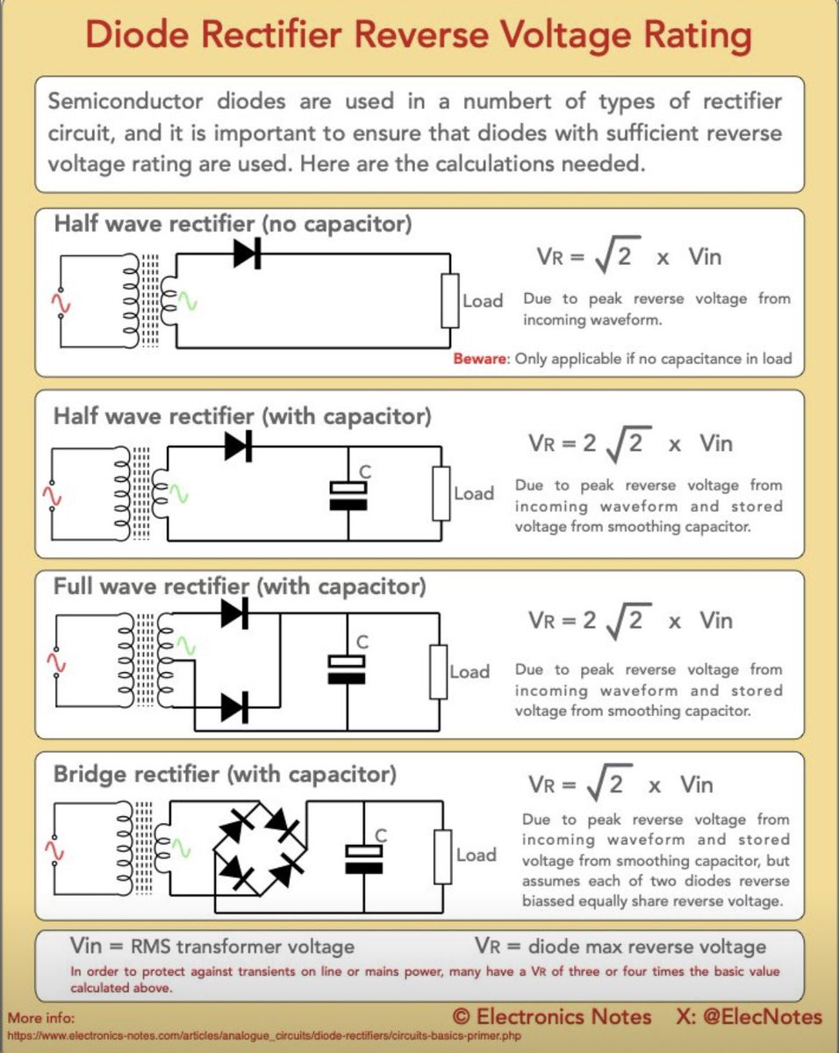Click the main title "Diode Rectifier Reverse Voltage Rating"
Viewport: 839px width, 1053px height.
[x=419, y=37]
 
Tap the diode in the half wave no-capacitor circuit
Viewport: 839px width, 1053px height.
[x=247, y=254]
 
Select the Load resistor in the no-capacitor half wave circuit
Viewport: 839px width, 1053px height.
[x=449, y=300]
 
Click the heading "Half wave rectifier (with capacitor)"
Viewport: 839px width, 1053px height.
[x=242, y=415]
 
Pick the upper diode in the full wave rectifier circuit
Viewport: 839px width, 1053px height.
[x=234, y=613]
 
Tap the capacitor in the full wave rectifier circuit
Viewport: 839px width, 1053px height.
[x=346, y=670]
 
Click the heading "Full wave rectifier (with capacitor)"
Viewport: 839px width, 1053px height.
[x=240, y=585]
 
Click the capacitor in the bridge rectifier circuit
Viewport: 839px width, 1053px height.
[x=363, y=858]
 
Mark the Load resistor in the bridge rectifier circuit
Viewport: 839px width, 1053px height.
[x=443, y=855]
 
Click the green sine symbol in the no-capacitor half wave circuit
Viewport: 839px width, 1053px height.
[x=187, y=303]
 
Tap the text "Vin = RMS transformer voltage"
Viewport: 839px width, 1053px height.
[x=212, y=947]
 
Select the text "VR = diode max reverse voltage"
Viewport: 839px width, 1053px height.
[x=620, y=947]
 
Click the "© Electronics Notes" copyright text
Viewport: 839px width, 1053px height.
[x=552, y=1017]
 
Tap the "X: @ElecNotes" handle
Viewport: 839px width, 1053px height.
[x=749, y=1017]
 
